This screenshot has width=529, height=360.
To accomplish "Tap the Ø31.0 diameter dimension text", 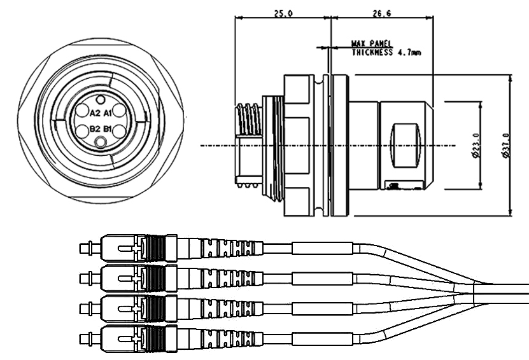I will (505, 144).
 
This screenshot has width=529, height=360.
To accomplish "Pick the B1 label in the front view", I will (108, 129).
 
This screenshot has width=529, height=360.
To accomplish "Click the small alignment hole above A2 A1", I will (101, 100).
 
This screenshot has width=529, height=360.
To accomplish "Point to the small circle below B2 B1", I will (101, 143).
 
